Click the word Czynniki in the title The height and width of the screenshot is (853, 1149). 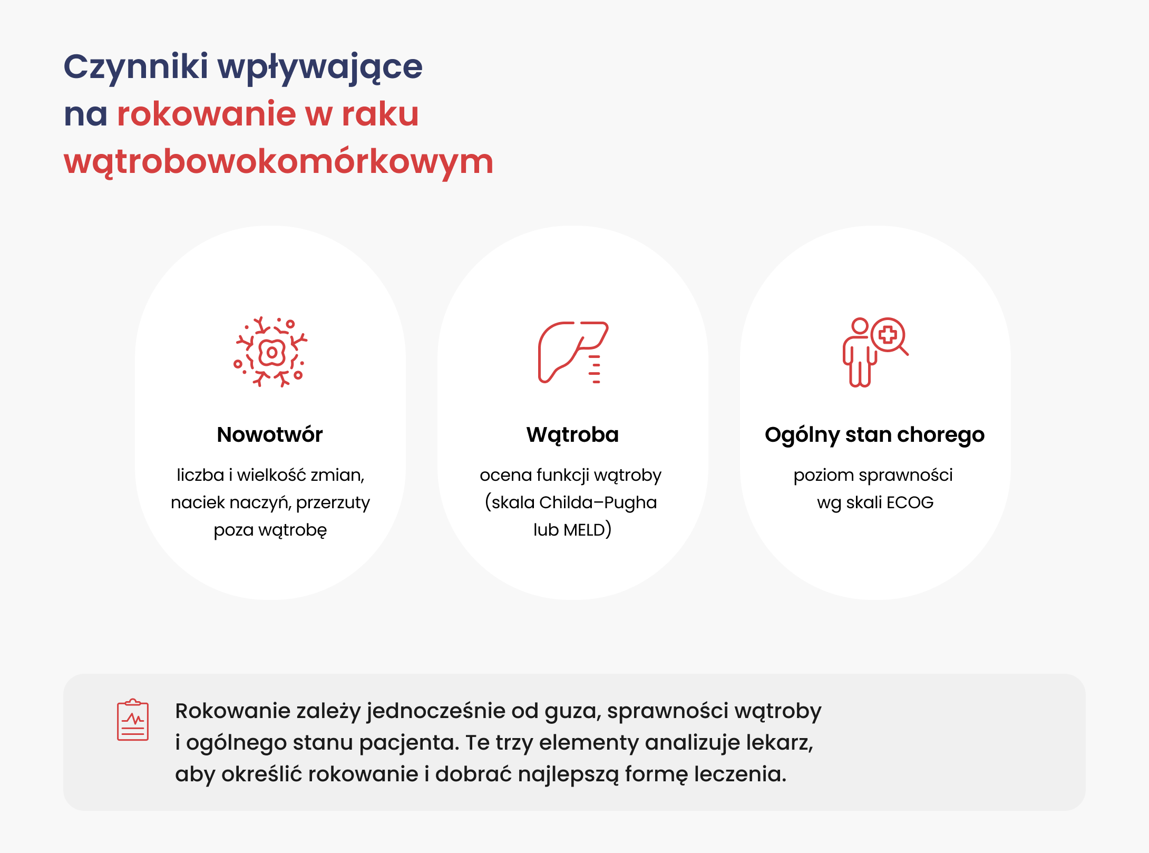[x=136, y=68]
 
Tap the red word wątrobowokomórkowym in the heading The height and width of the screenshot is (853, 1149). [x=279, y=162]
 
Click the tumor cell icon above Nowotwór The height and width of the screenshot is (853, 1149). [x=270, y=352]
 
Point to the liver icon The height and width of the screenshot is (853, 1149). [x=573, y=352]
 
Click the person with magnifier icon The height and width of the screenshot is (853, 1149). [x=875, y=352]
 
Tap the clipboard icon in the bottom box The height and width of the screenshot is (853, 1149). [x=133, y=720]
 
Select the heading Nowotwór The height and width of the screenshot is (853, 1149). [x=270, y=435]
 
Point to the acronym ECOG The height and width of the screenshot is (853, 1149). [x=910, y=502]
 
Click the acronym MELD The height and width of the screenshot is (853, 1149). [x=584, y=530]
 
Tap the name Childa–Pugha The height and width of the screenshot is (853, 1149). [x=598, y=503]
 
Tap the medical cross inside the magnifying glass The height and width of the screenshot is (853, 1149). [x=888, y=335]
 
